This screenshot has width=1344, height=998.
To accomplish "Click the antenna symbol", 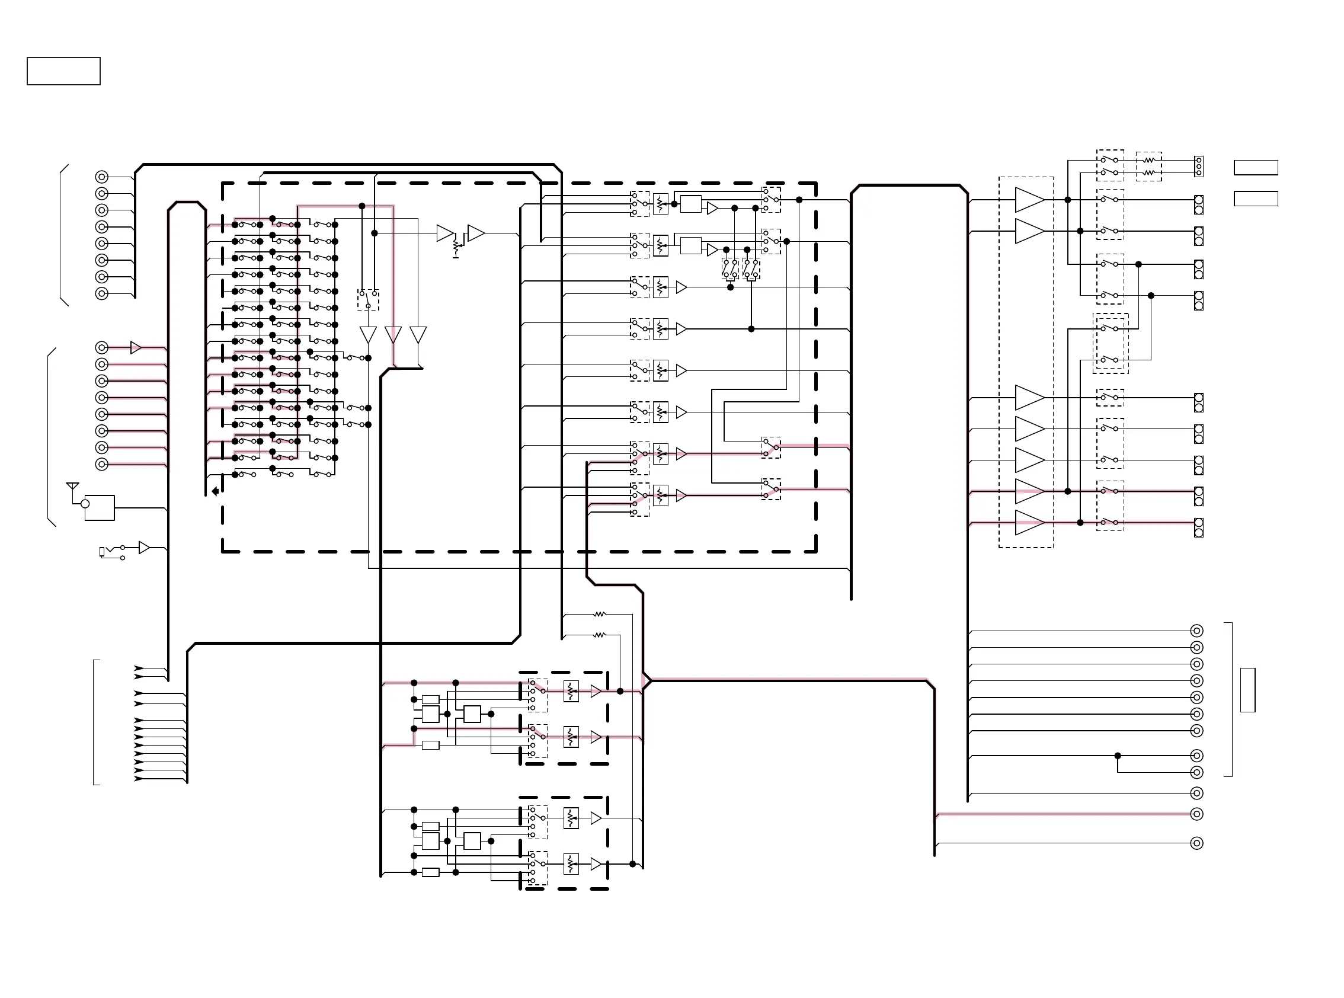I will (x=72, y=486).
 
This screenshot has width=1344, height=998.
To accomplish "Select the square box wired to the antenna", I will (x=100, y=508).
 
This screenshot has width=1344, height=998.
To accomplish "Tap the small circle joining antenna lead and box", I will (x=85, y=504).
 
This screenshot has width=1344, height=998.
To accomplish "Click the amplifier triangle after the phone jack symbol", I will (x=144, y=548).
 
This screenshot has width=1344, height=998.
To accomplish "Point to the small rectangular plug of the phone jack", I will (x=101, y=551).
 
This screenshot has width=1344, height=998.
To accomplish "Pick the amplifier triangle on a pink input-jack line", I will (x=136, y=348).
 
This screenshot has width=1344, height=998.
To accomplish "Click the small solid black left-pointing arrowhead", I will (x=215, y=491).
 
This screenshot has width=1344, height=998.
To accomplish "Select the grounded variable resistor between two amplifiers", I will (x=457, y=245).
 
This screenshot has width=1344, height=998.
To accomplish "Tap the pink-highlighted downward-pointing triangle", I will (x=393, y=334).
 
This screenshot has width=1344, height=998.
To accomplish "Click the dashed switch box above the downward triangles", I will (x=368, y=300).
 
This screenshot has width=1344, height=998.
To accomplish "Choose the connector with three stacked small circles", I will (x=1199, y=166).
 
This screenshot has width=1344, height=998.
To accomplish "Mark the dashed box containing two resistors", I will (x=1149, y=166).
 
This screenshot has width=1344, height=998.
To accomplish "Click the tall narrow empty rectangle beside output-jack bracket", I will (x=1247, y=690).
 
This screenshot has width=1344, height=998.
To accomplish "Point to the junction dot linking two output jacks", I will (x=1118, y=756).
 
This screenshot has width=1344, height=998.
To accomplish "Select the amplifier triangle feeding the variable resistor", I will (x=445, y=233).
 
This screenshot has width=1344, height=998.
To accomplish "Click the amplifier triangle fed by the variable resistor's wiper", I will (x=476, y=233).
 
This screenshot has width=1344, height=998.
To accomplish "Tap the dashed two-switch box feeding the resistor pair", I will (x=1111, y=165).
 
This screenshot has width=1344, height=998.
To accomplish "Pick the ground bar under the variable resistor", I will (x=456, y=257).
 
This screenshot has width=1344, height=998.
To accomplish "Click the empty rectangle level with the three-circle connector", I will (x=1256, y=167).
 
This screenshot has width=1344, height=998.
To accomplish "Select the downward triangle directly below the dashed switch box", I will (x=368, y=334).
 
